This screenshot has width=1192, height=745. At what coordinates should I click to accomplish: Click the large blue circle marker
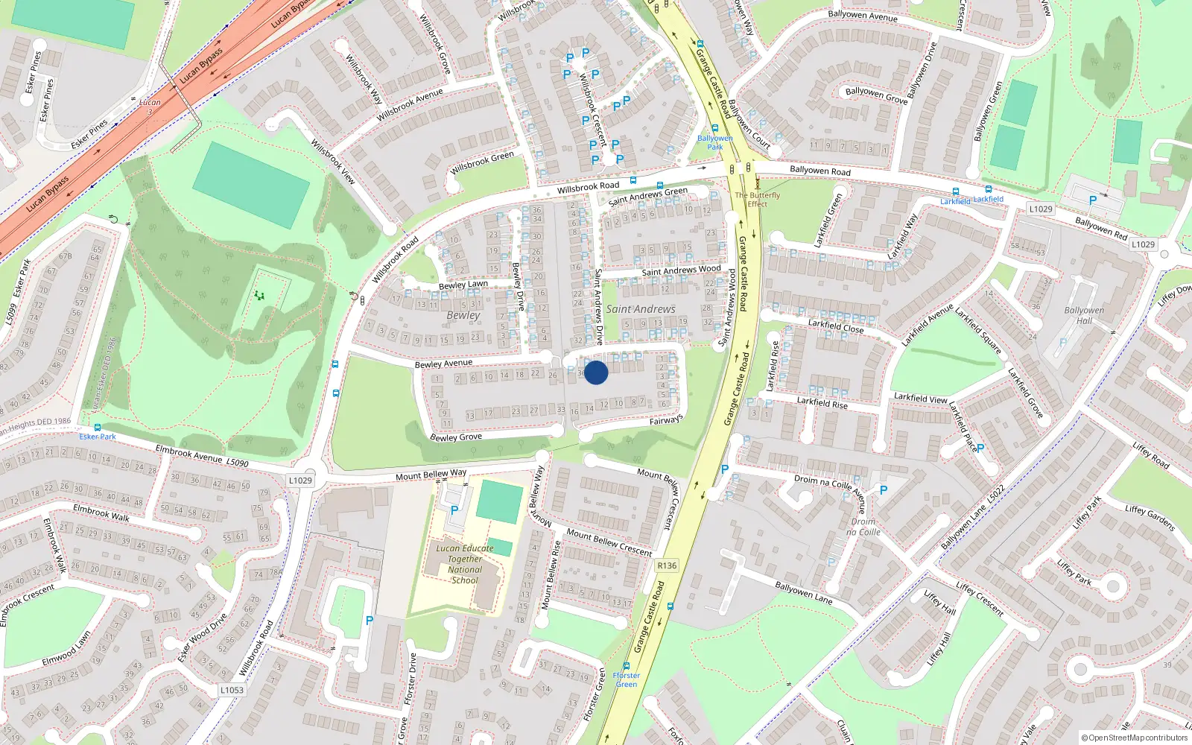(596, 372)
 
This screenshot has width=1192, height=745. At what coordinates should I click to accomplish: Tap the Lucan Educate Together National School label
(465, 564)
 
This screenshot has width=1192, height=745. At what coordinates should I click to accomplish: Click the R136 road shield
(667, 565)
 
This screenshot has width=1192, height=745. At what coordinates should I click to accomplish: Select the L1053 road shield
(232, 690)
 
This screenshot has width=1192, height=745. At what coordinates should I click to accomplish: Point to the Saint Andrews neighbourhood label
(641, 309)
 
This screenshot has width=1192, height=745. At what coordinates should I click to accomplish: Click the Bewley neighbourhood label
(463, 315)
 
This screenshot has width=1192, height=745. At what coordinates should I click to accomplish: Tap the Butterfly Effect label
(758, 200)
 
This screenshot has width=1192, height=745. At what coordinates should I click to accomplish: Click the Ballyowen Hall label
(1084, 315)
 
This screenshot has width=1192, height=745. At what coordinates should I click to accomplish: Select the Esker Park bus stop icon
(98, 428)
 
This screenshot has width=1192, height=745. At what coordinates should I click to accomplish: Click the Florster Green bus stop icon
(627, 666)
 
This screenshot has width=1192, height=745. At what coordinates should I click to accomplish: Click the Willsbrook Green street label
(482, 162)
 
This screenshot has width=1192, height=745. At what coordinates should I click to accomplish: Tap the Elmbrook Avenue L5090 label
(201, 456)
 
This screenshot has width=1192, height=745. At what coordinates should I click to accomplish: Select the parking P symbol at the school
(454, 510)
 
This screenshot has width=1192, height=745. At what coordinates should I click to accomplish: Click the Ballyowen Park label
(715, 142)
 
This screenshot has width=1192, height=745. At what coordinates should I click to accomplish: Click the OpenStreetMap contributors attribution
(1135, 738)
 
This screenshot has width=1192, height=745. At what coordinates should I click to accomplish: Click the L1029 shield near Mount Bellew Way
(300, 481)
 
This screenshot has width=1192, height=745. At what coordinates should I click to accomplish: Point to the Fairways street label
(666, 420)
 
